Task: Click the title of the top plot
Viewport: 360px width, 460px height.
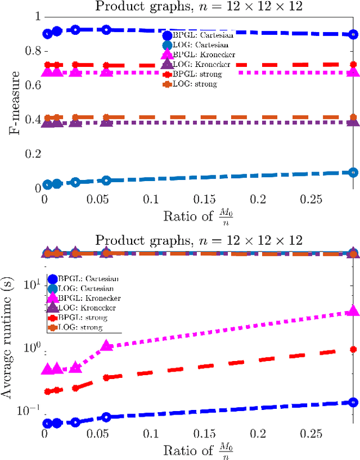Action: click(x=199, y=7)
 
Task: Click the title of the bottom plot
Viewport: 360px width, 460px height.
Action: click(x=199, y=241)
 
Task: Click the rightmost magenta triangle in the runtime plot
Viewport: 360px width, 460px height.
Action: click(x=353, y=311)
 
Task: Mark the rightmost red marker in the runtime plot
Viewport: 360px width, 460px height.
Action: click(x=353, y=349)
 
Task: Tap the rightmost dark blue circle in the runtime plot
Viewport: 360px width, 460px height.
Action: click(x=353, y=402)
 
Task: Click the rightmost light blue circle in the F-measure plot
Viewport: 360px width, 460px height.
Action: click(x=353, y=173)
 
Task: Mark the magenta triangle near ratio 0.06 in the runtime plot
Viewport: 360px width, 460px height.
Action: click(x=106, y=346)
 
